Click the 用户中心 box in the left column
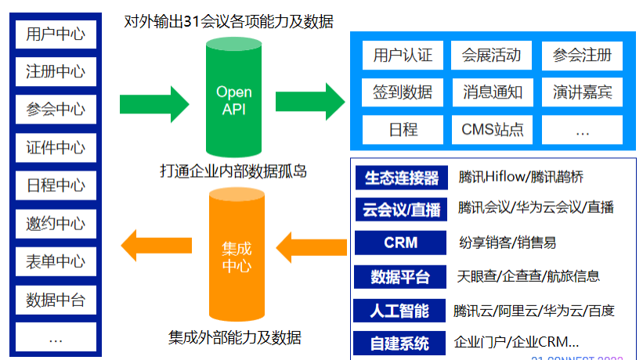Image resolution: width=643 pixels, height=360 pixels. tap(56, 34)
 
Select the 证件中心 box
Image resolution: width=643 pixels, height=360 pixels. tap(56, 147)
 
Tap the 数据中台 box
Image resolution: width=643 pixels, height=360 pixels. tap(56, 299)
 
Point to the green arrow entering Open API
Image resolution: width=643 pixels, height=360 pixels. tap(154, 101)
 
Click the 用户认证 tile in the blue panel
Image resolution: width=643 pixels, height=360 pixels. tap(403, 56)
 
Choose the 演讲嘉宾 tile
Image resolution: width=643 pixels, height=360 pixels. tap(582, 92)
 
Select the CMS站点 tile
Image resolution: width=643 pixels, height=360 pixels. tap(492, 129)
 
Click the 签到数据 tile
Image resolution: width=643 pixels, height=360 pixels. tap(403, 92)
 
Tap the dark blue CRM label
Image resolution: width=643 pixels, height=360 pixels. tap(400, 243)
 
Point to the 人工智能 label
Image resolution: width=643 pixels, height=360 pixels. tap(400, 310)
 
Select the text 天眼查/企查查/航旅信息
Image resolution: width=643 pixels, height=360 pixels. tap(529, 276)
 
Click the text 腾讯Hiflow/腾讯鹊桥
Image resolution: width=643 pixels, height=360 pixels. tap(521, 178)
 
